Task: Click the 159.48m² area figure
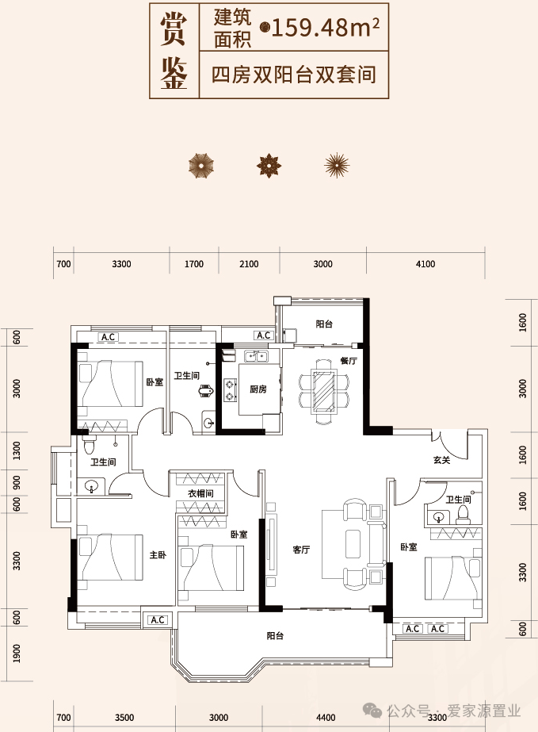pos(325,28)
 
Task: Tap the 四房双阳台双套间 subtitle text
pos(293,75)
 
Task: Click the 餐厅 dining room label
pos(349,360)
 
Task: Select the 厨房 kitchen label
pos(258,389)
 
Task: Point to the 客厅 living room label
pos(301,550)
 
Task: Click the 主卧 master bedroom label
pos(158,554)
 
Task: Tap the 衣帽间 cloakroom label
pos(200,493)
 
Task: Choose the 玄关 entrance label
pos(441,460)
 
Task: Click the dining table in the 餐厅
pos(323,391)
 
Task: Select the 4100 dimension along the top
pos(425,264)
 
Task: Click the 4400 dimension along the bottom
pos(326,718)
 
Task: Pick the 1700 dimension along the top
pos(193,264)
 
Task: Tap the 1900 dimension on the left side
pos(17,653)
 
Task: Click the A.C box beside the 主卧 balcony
pos(158,620)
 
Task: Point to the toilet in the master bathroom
pos(89,446)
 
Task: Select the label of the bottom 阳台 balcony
pos(275,635)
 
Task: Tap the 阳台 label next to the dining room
pos(324,324)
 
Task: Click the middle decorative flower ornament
pos(269,165)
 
